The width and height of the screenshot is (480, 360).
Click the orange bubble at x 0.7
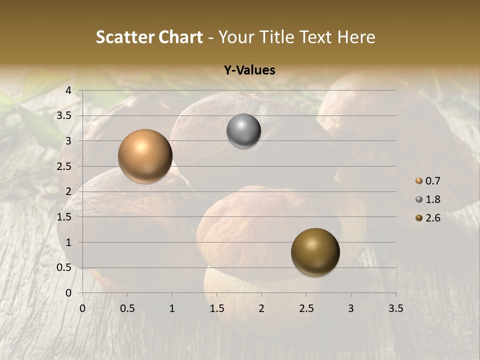[x=145, y=156]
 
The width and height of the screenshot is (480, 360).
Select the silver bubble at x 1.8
[x=243, y=131]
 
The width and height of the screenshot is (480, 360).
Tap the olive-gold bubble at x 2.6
[x=315, y=252]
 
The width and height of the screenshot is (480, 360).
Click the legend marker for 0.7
[x=419, y=181]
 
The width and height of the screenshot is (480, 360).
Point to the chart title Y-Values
[x=249, y=70]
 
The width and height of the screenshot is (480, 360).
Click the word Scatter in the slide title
[x=124, y=37]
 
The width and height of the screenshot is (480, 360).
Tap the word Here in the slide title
[x=356, y=37]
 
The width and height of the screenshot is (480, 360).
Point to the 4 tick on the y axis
[x=69, y=90]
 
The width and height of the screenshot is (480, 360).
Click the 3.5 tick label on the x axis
[x=395, y=308]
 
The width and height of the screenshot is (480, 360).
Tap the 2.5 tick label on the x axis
[x=306, y=308]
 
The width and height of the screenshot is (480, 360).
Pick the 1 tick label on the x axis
[x=172, y=308]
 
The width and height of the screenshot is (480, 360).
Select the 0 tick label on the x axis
[x=82, y=308]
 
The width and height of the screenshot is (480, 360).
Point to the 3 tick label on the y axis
[x=69, y=141]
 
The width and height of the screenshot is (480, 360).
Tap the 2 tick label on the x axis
[x=261, y=308]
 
